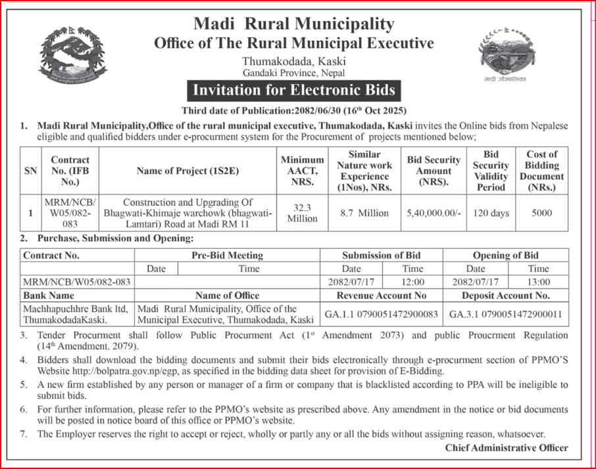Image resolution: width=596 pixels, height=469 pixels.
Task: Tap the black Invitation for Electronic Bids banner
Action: pos(293,90)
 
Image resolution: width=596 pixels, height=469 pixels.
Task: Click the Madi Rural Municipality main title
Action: pos(293,24)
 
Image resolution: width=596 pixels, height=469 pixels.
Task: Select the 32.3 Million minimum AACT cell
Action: pos(302,213)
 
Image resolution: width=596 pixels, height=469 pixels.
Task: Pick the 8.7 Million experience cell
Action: pos(364,213)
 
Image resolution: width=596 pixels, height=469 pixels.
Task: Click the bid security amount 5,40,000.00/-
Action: pos(434,213)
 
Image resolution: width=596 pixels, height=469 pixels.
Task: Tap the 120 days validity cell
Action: pos(491,213)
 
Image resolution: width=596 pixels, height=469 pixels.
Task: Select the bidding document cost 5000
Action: pos(542,213)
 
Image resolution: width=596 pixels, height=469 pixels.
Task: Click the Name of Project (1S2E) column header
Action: pos(187,171)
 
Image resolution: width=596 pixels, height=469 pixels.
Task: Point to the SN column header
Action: pos(31,171)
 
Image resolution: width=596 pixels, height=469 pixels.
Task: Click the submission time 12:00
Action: pos(412,281)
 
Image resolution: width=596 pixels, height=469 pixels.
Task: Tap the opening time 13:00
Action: pos(538,281)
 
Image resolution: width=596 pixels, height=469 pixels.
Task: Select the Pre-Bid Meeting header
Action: pos(227,256)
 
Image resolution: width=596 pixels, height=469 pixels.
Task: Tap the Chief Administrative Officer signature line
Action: pos(506,448)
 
